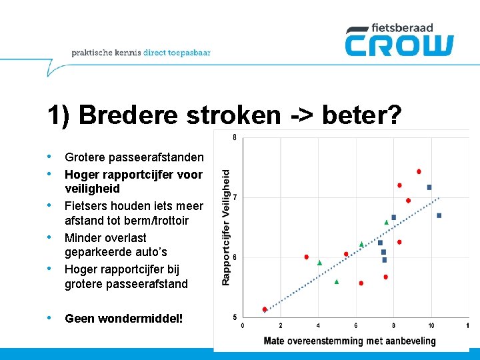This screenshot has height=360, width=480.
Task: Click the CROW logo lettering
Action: coord(399,45)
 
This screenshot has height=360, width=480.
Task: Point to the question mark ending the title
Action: coord(395,115)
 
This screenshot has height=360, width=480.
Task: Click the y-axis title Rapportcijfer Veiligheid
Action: coord(226,227)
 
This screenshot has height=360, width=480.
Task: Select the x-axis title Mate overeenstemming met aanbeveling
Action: coord(349,341)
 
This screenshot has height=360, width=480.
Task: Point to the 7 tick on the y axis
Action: coord(235,198)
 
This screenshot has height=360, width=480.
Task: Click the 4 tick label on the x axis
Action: coord(318,325)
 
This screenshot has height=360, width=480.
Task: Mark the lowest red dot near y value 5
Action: coord(265,309)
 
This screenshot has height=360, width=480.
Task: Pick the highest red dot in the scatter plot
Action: coord(419,171)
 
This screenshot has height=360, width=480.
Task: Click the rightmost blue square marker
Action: coord(439,215)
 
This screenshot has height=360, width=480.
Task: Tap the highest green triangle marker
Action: coord(387,222)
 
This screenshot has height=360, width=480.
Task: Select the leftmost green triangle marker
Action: coord(319,263)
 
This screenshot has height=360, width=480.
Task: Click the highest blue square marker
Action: coord(429,187)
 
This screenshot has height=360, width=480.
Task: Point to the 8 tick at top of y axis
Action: coord(235,138)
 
